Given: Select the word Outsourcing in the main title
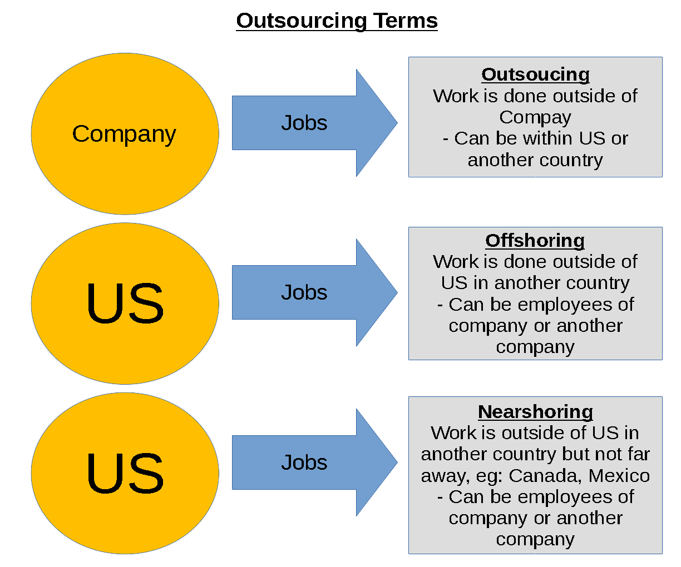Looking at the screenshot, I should pyautogui.click(x=301, y=21).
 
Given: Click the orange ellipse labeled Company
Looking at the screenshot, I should pyautogui.click(x=125, y=134).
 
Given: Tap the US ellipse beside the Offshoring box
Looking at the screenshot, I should pyautogui.click(x=125, y=304).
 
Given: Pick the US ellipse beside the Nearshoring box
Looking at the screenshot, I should pyautogui.click(x=125, y=474).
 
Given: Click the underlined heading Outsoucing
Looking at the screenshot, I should pyautogui.click(x=535, y=74).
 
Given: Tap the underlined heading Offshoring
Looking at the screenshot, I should pyautogui.click(x=535, y=240).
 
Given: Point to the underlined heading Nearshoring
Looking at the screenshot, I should pyautogui.click(x=535, y=411).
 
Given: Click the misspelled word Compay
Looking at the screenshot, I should pyautogui.click(x=535, y=117).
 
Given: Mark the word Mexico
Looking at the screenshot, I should pyautogui.click(x=619, y=475).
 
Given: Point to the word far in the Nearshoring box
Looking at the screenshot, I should pyautogui.click(x=639, y=454).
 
